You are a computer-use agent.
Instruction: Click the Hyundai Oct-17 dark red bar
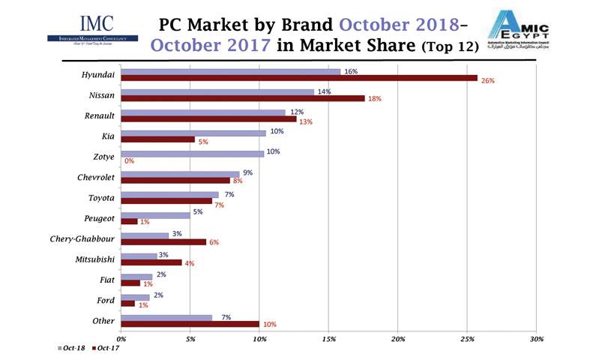coord(298,78)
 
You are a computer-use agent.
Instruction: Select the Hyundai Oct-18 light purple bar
coord(230,71)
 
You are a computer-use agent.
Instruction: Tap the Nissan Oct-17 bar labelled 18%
coord(242,98)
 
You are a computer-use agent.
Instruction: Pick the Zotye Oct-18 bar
coord(192,153)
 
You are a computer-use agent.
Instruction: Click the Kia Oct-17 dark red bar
coord(157,139)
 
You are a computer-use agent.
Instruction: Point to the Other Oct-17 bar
coord(190,324)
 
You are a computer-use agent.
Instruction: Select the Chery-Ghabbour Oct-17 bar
coord(163,241)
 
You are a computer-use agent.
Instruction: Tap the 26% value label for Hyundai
coord(487,80)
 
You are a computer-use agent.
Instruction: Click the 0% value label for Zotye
coord(129,161)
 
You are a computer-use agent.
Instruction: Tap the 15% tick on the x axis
coord(329,340)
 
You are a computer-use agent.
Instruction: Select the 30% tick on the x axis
coord(536,340)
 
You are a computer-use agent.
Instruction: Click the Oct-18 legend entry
coord(71,349)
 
